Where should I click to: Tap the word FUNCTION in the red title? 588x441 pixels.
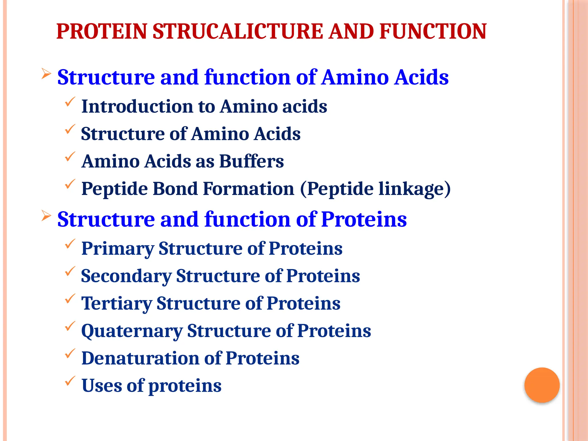click(433, 31)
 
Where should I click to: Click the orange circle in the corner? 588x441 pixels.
click(542, 385)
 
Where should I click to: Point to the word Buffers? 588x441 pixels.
click(252, 161)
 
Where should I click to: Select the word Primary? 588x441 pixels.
click(118, 249)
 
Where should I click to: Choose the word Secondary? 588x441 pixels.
click(126, 276)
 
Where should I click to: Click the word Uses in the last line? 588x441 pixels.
click(102, 386)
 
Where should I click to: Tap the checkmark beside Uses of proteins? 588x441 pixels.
click(70, 381)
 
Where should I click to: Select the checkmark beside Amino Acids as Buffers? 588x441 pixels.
click(70, 156)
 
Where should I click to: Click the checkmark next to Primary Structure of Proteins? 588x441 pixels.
click(70, 244)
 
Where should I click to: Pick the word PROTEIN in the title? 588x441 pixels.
click(102, 31)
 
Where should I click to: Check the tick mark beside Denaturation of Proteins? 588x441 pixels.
click(70, 353)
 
